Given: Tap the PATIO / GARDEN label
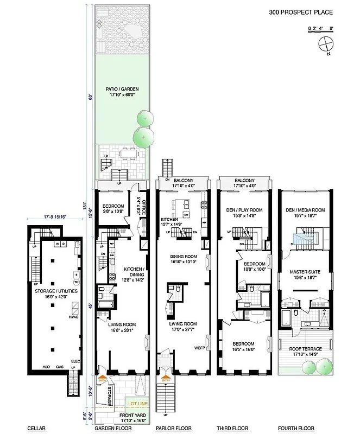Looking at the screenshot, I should (x=122, y=92).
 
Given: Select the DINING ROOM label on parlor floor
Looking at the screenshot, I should (x=182, y=258).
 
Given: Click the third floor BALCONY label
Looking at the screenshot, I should (x=244, y=181).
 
